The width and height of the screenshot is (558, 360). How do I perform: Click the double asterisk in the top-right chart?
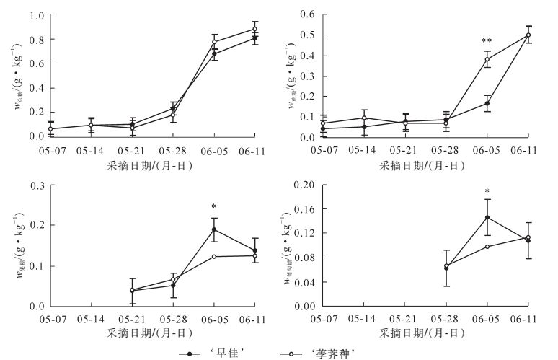(x=487, y=41)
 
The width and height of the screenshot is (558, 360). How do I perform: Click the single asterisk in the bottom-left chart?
(x=214, y=206)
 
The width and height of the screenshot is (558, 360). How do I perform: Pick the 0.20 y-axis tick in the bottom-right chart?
(x=298, y=185)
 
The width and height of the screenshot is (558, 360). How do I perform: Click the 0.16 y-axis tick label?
(x=298, y=209)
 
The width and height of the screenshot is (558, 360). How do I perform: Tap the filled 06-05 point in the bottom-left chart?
(x=214, y=229)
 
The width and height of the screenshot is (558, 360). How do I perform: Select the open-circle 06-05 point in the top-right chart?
(x=487, y=59)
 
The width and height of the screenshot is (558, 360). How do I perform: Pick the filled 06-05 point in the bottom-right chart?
(x=487, y=217)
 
